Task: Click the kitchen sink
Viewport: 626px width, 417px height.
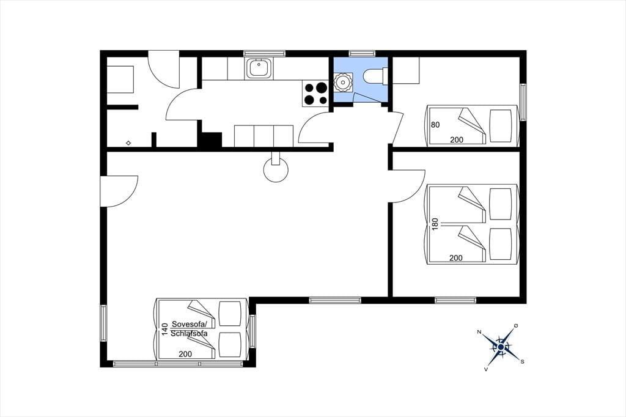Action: point(259,68)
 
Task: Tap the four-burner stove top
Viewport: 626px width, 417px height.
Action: point(315,94)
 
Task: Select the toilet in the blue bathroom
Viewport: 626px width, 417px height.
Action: point(375,76)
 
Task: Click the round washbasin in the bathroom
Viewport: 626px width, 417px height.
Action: point(342,82)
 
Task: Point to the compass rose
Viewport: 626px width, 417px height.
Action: point(501,347)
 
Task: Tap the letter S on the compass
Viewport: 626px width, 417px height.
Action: point(522,362)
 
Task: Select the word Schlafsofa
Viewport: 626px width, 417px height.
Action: point(189,333)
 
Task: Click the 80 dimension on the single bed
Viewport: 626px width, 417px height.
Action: point(435,125)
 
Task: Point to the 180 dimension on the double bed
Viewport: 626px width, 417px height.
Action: point(435,223)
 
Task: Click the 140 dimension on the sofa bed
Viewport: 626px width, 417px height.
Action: point(164,329)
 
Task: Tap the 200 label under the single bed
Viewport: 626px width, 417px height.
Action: point(457,140)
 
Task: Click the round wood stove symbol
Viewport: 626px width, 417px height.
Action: point(276,170)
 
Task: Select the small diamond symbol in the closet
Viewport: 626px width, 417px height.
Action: point(128,142)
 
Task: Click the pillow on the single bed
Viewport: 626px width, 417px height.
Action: point(500,125)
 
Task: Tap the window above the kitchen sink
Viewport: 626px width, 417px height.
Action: point(264,54)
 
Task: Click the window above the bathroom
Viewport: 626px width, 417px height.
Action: point(362,54)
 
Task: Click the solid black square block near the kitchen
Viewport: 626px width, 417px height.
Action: point(210,140)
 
